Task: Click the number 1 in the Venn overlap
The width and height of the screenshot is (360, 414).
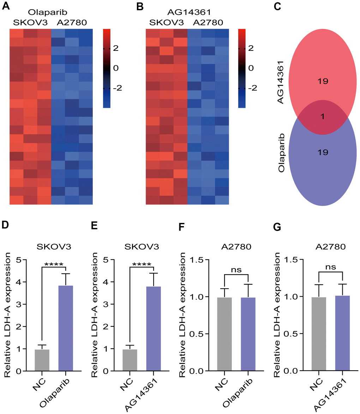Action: (322, 117)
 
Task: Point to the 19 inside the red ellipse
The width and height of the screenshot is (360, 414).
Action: (322, 81)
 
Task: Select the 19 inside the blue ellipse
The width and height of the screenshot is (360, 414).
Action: (322, 153)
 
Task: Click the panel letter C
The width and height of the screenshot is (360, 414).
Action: (277, 6)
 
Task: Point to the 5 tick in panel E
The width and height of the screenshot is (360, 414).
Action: (112, 260)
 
